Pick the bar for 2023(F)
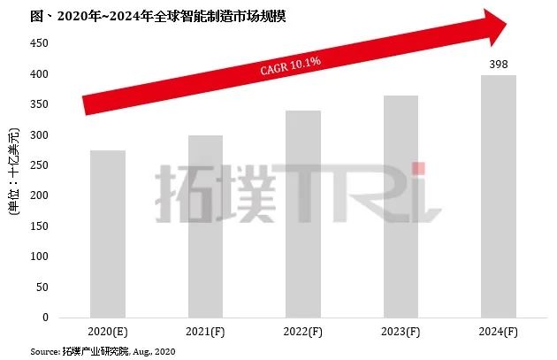coord(401,207)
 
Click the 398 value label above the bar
coord(498,64)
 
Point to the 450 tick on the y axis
coord(39,42)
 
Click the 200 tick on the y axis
coord(39,195)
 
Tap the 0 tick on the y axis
coord(45,318)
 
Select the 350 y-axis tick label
coord(39,103)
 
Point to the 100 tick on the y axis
coord(39,257)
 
